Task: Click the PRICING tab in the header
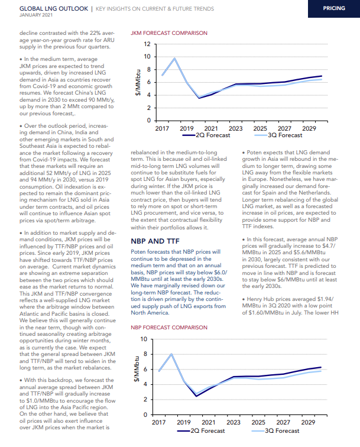(x=334, y=8)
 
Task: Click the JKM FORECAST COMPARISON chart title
(x=169, y=33)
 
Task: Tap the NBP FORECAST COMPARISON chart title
(x=169, y=328)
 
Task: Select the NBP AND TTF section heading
(x=155, y=241)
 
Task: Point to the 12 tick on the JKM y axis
(x=147, y=44)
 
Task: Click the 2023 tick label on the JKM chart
(x=235, y=128)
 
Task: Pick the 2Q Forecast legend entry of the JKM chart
(x=206, y=135)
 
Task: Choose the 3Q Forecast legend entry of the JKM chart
(x=278, y=135)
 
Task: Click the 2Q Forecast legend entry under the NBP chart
(x=201, y=431)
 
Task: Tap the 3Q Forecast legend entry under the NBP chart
(x=275, y=431)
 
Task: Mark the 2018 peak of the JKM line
(x=174, y=59)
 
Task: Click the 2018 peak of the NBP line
(x=171, y=354)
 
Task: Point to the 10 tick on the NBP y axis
(x=144, y=339)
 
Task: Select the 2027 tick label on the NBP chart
(x=283, y=422)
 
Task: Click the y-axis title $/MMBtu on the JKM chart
(x=138, y=82)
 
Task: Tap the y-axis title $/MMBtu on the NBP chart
(x=137, y=369)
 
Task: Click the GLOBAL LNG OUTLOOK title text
(x=54, y=8)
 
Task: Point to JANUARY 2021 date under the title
(x=36, y=15)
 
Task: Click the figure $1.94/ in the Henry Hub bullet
(x=325, y=299)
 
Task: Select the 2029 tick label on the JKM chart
(x=309, y=128)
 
